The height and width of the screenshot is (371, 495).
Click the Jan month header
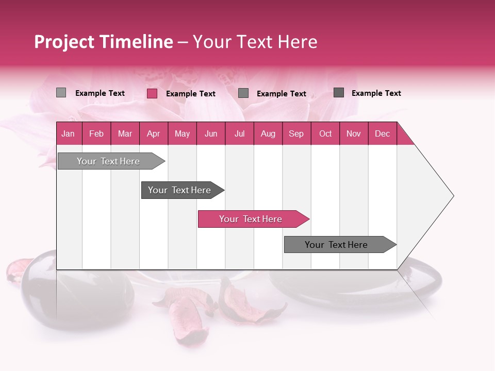[x=69, y=133]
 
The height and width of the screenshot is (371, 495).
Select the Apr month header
[x=154, y=133]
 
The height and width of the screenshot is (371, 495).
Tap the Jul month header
[x=239, y=133]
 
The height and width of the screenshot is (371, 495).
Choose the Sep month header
[x=296, y=133]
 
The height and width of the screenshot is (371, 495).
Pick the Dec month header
[x=382, y=133]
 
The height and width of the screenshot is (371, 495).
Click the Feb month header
[x=96, y=133]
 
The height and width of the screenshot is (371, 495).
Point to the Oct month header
[x=325, y=133]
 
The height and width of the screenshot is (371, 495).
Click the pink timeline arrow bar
[x=253, y=219]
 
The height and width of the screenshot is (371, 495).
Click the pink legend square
[x=152, y=93]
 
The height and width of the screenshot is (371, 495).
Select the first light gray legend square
[x=61, y=93]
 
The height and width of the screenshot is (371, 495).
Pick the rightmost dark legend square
[x=339, y=93]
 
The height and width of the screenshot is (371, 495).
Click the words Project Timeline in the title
[x=103, y=42]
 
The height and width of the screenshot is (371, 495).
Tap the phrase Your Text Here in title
[x=255, y=42]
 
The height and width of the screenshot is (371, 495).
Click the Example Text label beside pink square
[x=191, y=94]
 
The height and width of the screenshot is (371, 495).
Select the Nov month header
[x=354, y=133]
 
